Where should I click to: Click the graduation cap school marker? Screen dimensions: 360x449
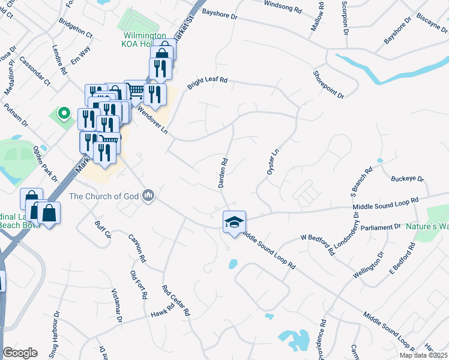coord(234,221)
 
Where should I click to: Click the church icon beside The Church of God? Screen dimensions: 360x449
coord(149,196)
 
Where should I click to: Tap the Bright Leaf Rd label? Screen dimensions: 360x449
coord(208,83)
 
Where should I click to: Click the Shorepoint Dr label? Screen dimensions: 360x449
coord(328,84)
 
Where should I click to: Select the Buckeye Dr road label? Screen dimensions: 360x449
coord(407,179)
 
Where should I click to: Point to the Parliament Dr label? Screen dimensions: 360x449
coord(381,227)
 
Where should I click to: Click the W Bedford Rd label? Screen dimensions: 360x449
coord(318,244)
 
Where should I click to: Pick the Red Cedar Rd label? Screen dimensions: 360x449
coord(176,301)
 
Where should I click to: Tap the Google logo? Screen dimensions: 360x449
coord(20,353)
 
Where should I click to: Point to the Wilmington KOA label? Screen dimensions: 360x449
coord(145,36)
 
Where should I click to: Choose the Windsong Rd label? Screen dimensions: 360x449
coord(283,7)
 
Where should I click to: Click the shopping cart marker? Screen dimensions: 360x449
coord(136,91)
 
